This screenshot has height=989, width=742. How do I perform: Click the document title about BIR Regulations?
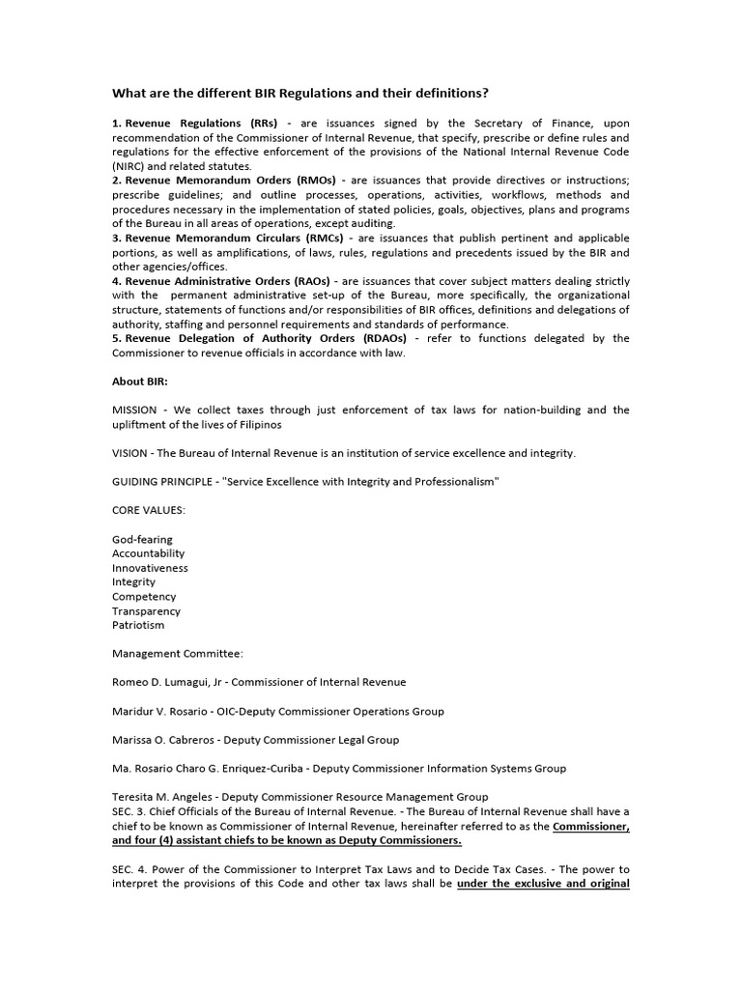300,94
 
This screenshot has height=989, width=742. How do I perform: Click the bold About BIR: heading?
140,381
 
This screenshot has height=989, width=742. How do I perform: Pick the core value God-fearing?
142,539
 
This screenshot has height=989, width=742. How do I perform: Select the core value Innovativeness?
150,568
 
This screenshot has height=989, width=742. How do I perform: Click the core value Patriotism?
138,625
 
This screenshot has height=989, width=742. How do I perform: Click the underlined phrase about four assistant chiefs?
287,840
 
